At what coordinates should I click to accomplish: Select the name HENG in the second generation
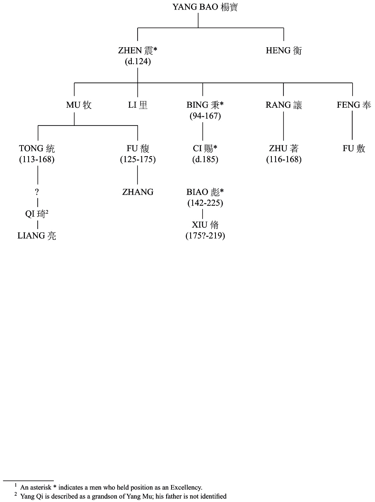(284, 51)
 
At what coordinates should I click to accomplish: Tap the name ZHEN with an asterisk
(138, 51)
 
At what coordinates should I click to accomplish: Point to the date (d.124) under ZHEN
(138, 62)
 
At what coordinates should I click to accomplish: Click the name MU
(79, 105)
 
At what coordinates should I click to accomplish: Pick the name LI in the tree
(138, 105)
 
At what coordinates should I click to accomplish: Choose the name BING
(203, 105)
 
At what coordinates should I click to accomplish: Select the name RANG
(284, 105)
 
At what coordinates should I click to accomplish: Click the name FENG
(354, 105)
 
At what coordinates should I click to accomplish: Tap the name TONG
(37, 149)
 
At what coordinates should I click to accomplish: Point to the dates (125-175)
(138, 159)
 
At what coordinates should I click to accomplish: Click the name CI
(205, 149)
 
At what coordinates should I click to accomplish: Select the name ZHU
(284, 149)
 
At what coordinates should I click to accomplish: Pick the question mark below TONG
(37, 192)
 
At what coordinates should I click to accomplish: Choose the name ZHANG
(138, 192)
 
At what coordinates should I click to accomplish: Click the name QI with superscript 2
(37, 214)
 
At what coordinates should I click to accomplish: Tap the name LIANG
(37, 236)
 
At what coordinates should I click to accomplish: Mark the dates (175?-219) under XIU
(205, 236)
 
